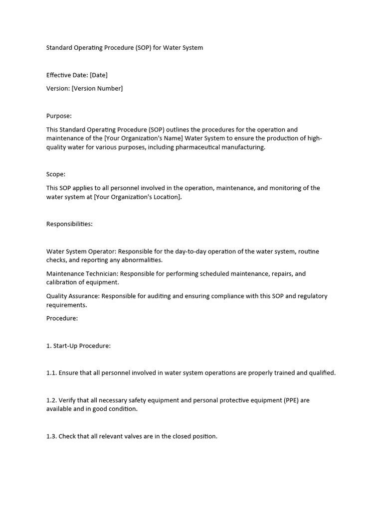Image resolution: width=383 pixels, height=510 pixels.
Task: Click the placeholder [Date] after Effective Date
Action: click(99, 75)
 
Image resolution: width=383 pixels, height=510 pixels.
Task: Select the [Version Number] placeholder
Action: click(97, 89)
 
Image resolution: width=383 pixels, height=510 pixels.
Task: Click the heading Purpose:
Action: click(59, 116)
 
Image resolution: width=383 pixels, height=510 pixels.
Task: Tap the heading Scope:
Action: click(56, 174)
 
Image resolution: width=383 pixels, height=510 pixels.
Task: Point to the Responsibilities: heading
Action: click(69, 224)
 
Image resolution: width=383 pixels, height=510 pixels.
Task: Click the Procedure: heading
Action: click(62, 318)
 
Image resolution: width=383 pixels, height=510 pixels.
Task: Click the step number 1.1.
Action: click(51, 373)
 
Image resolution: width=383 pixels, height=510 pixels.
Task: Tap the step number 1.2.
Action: click(51, 400)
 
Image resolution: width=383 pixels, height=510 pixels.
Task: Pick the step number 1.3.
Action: click(51, 436)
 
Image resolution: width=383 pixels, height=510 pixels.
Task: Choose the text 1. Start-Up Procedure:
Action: click(78, 346)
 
